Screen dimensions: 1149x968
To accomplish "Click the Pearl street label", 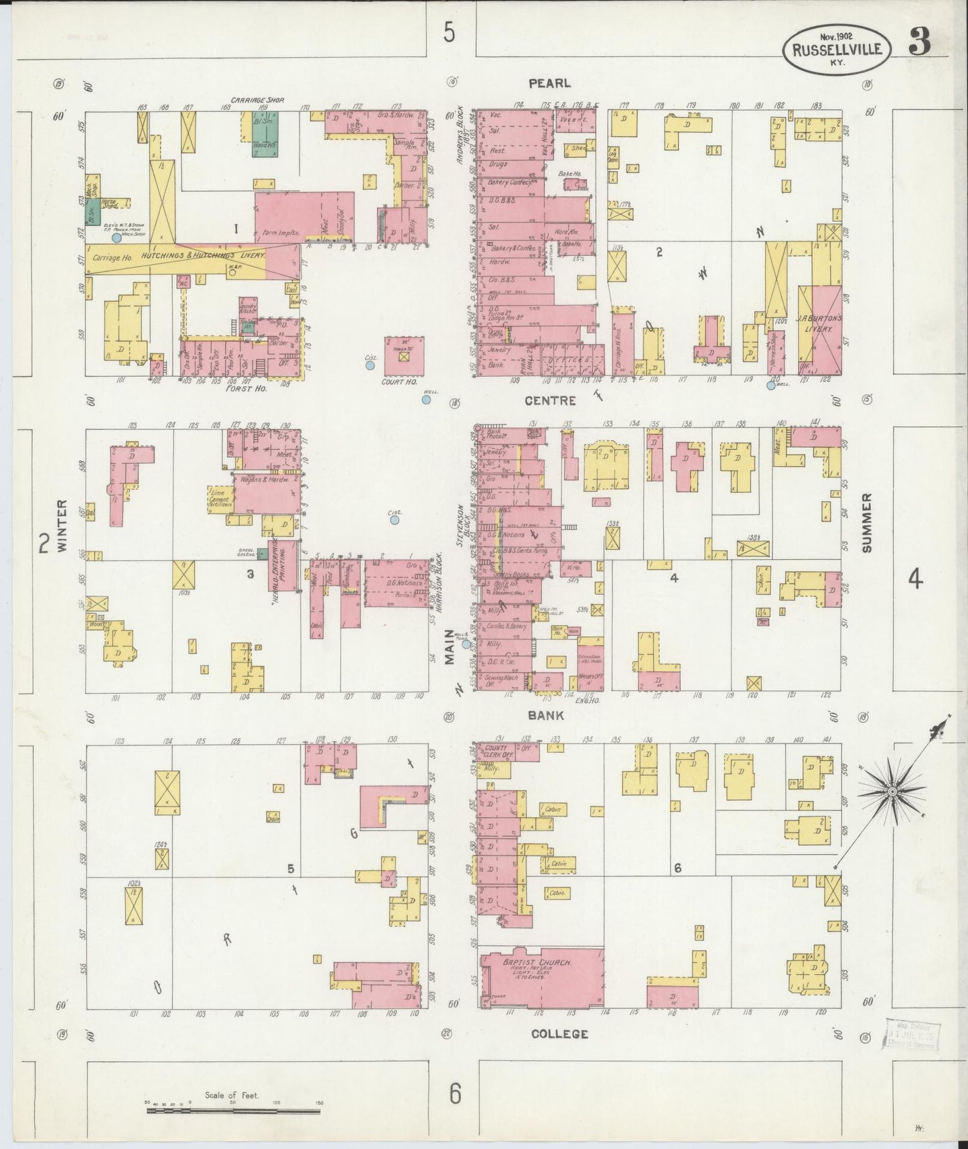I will tap(549, 83).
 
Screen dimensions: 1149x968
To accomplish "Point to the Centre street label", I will tap(551, 401).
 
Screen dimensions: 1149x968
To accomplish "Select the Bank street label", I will tap(545, 715).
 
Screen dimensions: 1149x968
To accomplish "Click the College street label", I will tap(559, 1034).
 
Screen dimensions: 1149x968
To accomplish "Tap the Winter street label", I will tap(63, 526).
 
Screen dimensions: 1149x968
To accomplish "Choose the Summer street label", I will tap(867, 523).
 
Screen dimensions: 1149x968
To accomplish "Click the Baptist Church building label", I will tap(537, 963).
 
